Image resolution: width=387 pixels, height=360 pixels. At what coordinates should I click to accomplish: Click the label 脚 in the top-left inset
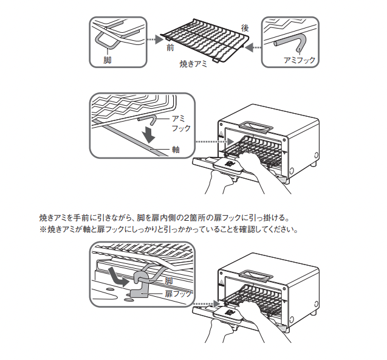click(x=108, y=61)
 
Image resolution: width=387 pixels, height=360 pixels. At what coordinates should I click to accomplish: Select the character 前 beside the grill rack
click(x=170, y=48)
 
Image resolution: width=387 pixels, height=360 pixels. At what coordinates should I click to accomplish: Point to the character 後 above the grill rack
click(x=245, y=28)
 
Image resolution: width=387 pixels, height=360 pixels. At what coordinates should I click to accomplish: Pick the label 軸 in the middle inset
click(x=176, y=149)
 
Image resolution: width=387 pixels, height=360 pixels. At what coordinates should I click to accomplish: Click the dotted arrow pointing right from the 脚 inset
click(x=156, y=40)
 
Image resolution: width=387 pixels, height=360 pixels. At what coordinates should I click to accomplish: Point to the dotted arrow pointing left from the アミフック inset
click(x=255, y=46)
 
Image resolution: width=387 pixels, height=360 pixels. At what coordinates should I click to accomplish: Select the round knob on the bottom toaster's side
click(x=290, y=319)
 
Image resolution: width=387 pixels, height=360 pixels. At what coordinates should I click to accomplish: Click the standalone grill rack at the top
click(x=207, y=40)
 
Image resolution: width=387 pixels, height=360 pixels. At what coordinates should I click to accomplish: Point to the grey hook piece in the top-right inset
click(x=291, y=43)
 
